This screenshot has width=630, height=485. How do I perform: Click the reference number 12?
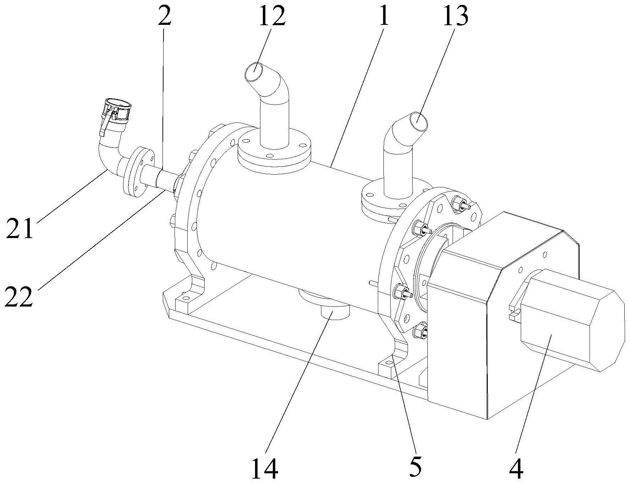(x=272, y=17)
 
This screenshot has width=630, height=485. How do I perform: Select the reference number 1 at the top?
(x=383, y=17)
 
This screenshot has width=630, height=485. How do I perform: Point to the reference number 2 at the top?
(x=165, y=17)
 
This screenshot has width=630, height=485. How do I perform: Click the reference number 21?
(x=20, y=228)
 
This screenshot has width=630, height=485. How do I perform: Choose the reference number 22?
(x=18, y=297)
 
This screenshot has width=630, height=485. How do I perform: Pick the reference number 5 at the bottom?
(x=415, y=468)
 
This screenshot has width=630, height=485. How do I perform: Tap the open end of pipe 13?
(x=419, y=122)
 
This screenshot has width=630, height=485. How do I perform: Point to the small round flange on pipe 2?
(x=138, y=170)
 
